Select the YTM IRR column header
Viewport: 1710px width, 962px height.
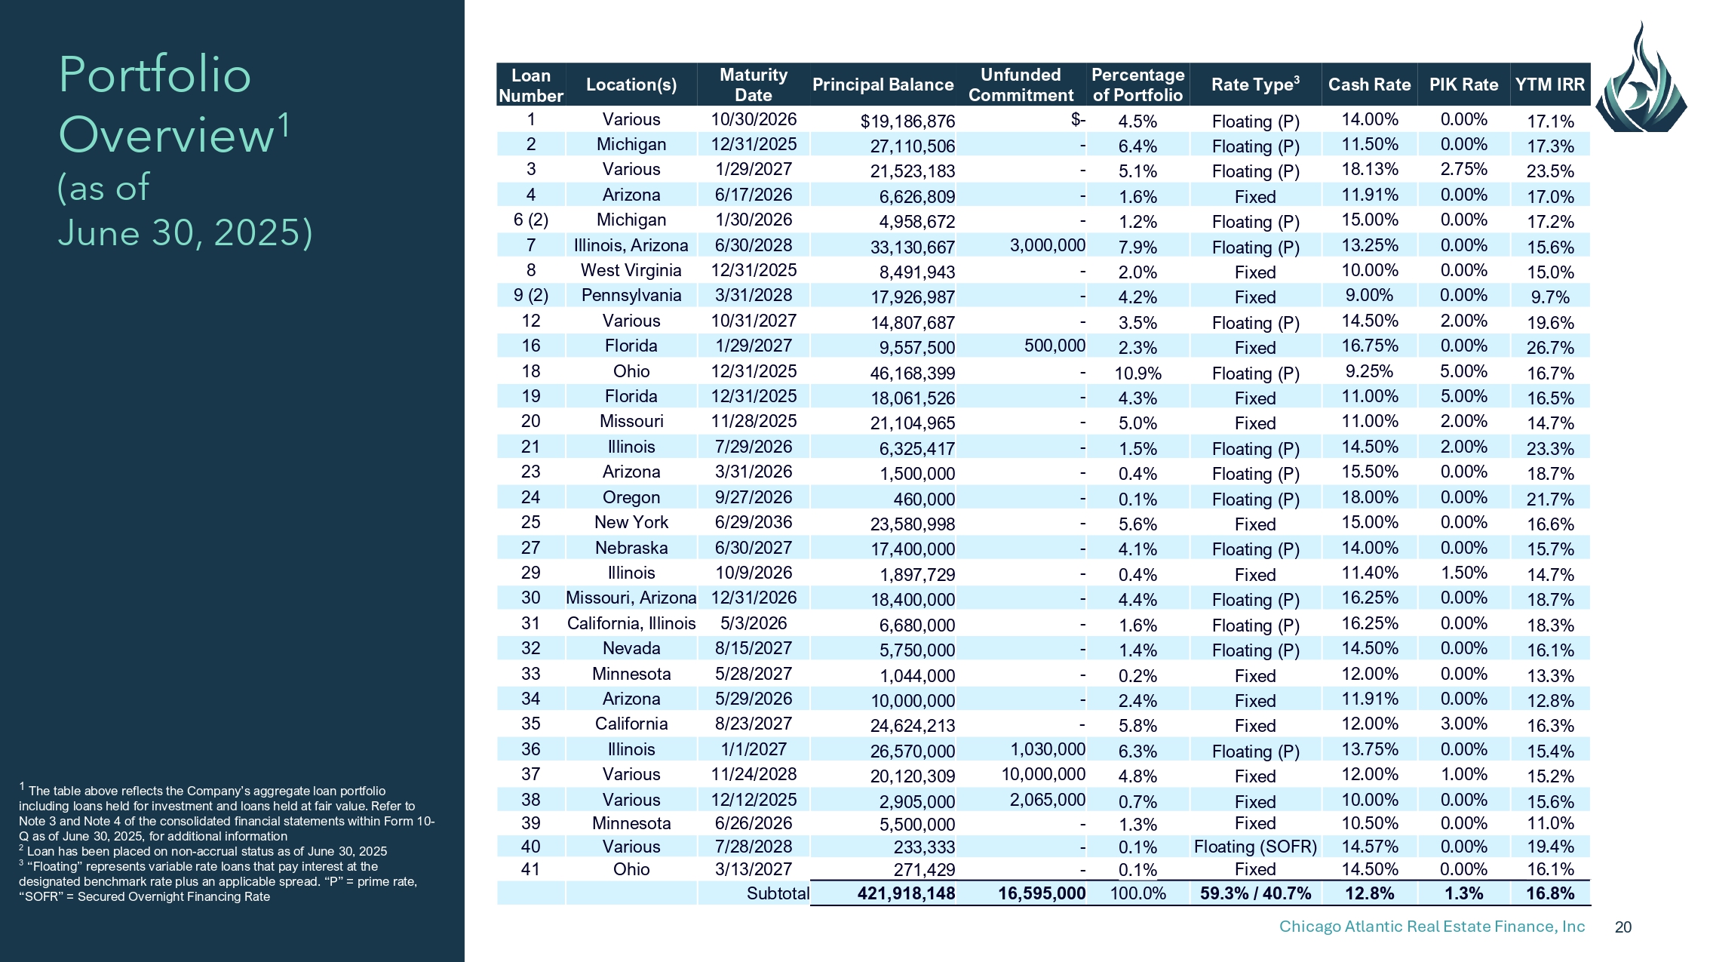[1550, 85]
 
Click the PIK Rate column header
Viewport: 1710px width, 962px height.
[1463, 85]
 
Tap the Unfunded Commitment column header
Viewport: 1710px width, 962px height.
[1021, 85]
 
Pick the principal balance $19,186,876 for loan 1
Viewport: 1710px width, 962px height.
[907, 121]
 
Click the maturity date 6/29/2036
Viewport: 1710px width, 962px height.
[754, 522]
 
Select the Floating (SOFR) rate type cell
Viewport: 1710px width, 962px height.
[1255, 847]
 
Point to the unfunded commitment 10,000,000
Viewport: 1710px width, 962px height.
[1043, 774]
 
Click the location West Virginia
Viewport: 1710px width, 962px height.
[631, 270]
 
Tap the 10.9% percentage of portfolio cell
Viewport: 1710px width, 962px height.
[1137, 373]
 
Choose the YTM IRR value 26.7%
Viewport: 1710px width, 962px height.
[1550, 348]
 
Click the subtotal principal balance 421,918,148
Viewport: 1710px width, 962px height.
[906, 893]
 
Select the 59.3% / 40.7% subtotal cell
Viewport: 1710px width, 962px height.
[1255, 893]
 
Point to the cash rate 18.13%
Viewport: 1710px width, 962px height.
[1369, 169]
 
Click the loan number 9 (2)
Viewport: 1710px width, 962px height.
[531, 295]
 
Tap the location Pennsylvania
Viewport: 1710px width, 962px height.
[631, 295]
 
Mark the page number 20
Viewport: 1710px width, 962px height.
[1623, 927]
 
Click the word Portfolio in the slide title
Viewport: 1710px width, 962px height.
[155, 75]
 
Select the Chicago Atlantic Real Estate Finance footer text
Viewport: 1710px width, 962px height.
[1432, 927]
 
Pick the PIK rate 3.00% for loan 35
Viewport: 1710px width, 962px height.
[1463, 724]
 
